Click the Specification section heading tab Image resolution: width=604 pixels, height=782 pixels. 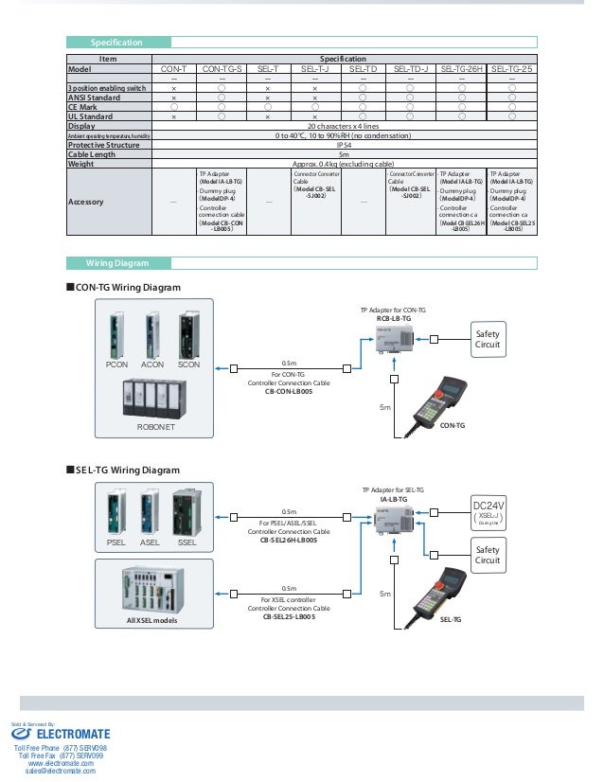tap(116, 43)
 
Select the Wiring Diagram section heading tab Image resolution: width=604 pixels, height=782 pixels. tap(117, 263)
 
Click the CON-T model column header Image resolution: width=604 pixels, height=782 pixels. tap(173, 69)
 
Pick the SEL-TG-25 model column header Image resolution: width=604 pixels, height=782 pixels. tap(512, 69)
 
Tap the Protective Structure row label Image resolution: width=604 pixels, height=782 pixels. tap(104, 145)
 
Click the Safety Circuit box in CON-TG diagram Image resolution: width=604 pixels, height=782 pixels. tap(487, 339)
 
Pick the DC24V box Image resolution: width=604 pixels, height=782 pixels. tap(489, 511)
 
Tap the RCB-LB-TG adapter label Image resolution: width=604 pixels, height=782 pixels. tap(393, 319)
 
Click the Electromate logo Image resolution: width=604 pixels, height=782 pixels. tap(62, 734)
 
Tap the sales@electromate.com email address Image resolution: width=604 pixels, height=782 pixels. tap(61, 772)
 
